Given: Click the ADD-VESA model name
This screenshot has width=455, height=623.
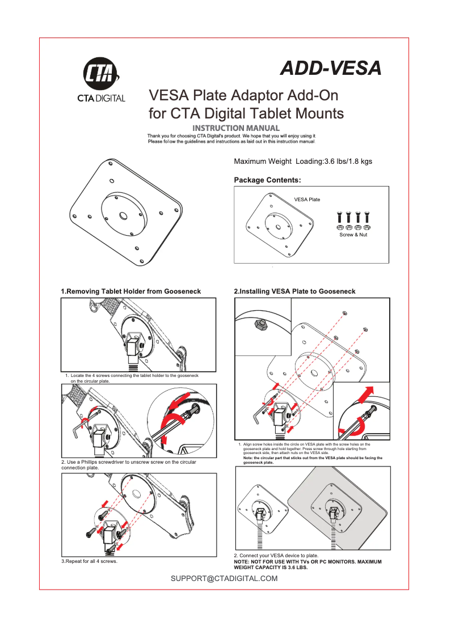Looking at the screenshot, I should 331,69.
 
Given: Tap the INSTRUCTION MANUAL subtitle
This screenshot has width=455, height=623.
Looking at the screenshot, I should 236,128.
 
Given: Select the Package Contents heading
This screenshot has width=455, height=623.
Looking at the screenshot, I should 267,180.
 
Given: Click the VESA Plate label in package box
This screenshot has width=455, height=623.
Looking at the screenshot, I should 307,200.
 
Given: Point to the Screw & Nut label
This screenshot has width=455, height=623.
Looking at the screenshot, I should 353,235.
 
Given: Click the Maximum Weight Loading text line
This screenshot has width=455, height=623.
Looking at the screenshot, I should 303,162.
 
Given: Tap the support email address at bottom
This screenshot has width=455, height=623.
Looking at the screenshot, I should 224,579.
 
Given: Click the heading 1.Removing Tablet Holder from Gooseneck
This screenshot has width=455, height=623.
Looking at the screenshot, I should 131,291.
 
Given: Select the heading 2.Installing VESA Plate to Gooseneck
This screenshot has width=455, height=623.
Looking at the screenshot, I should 294,291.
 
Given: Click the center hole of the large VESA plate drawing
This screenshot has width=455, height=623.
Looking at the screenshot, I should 123,216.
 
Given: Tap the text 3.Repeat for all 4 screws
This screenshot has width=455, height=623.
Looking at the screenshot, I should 89,561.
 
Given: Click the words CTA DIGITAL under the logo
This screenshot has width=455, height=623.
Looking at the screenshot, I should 101,98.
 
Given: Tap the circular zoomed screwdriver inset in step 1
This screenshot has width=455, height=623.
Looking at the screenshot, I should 181,421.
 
